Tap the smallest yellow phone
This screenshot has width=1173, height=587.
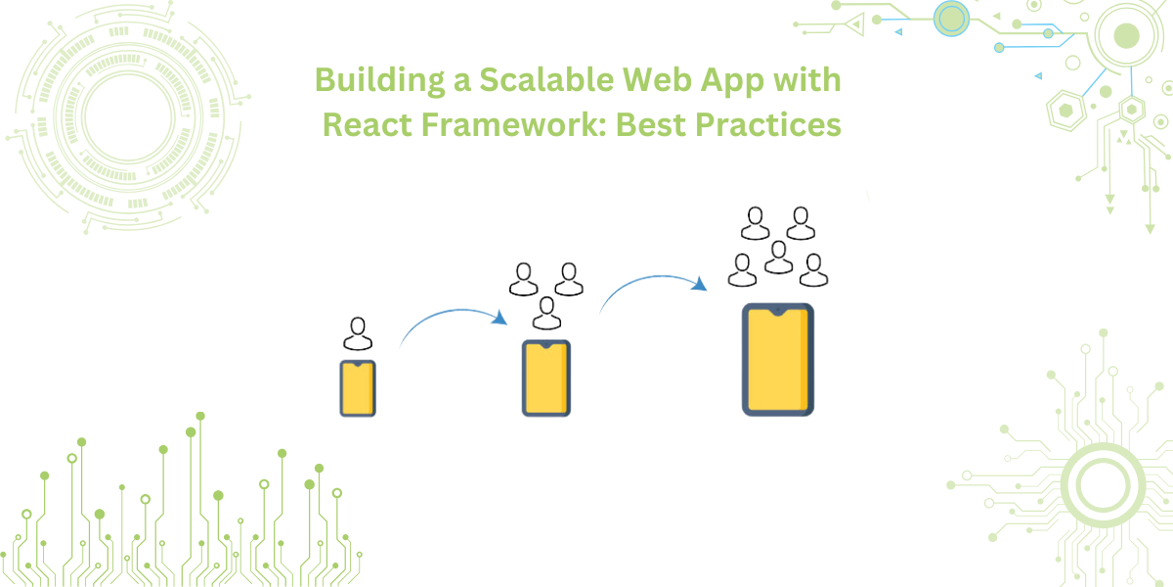pos(358,388)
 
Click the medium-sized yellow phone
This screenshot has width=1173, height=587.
pos(545,378)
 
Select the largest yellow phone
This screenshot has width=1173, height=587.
pos(778,359)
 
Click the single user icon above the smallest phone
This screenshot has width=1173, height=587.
pos(358,334)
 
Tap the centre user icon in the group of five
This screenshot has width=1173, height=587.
pos(778,257)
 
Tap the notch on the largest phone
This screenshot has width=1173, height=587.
pos(778,310)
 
